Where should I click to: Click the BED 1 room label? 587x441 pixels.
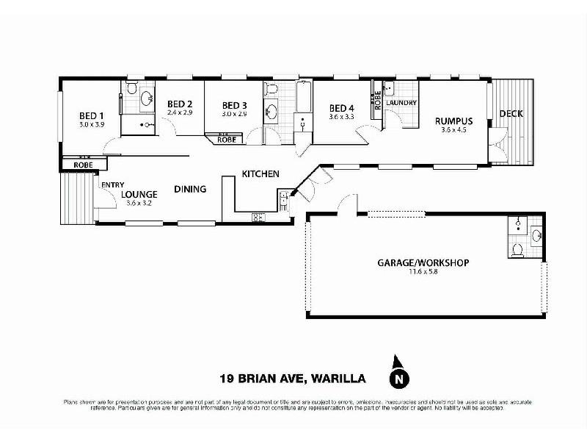(x=91, y=115)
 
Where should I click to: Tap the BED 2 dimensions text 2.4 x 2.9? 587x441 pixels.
(x=180, y=112)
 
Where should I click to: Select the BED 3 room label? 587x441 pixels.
(x=234, y=104)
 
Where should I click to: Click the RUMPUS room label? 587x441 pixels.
(x=453, y=121)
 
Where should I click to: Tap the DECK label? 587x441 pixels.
(x=511, y=114)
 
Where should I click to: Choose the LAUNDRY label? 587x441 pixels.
(x=403, y=103)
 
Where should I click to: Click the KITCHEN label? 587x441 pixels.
(x=260, y=174)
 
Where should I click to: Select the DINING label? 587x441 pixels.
(x=190, y=189)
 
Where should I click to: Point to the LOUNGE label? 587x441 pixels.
(x=139, y=194)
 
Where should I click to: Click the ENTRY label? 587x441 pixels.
(x=112, y=184)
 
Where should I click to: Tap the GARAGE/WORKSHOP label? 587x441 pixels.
(x=423, y=262)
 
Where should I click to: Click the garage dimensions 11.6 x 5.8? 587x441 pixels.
(x=423, y=271)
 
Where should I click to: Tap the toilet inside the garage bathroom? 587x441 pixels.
(x=517, y=249)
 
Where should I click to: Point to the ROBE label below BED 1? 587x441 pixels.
(x=83, y=165)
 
